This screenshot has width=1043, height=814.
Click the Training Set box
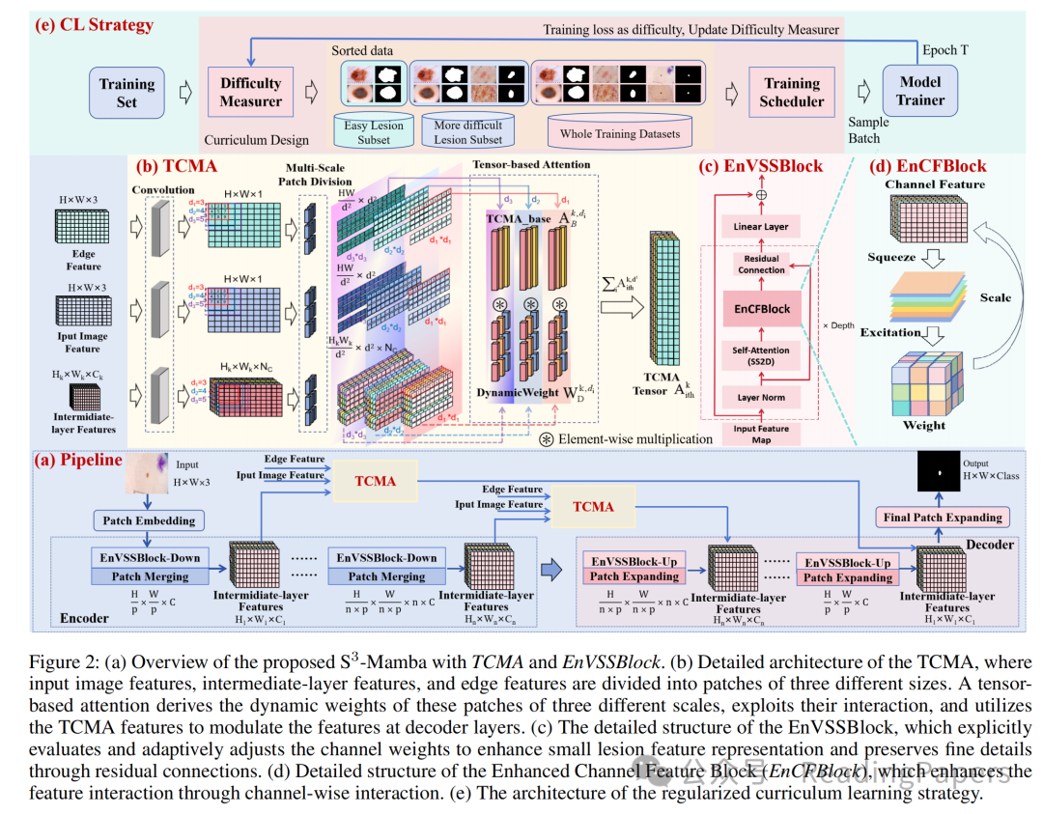127,93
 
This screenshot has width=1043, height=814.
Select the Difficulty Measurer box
251,92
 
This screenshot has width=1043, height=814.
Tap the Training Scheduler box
792,93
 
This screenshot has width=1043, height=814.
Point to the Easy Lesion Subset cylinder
374,131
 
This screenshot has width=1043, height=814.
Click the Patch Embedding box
149,520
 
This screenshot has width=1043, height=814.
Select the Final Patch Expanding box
943,518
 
